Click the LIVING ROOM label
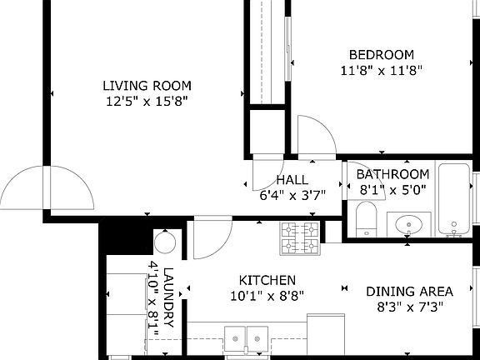coord(147,86)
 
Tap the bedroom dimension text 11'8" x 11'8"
coord(382,71)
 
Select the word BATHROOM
coord(392,174)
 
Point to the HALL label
coord(292,180)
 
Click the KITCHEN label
coord(267,280)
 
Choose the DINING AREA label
coord(410,292)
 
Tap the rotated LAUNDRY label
coord(168,297)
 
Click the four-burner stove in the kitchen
coord(300,238)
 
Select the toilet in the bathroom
coord(367,219)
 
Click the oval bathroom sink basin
coord(408,224)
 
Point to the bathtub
coord(454,199)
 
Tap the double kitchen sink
coord(246,339)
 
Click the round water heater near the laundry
coord(165,242)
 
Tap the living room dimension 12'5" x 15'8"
coord(147,101)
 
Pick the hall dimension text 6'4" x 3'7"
coord(292,195)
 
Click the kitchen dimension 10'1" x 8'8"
coord(267,296)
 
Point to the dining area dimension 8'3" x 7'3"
coord(410,307)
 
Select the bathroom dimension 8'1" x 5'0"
coord(392,190)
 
